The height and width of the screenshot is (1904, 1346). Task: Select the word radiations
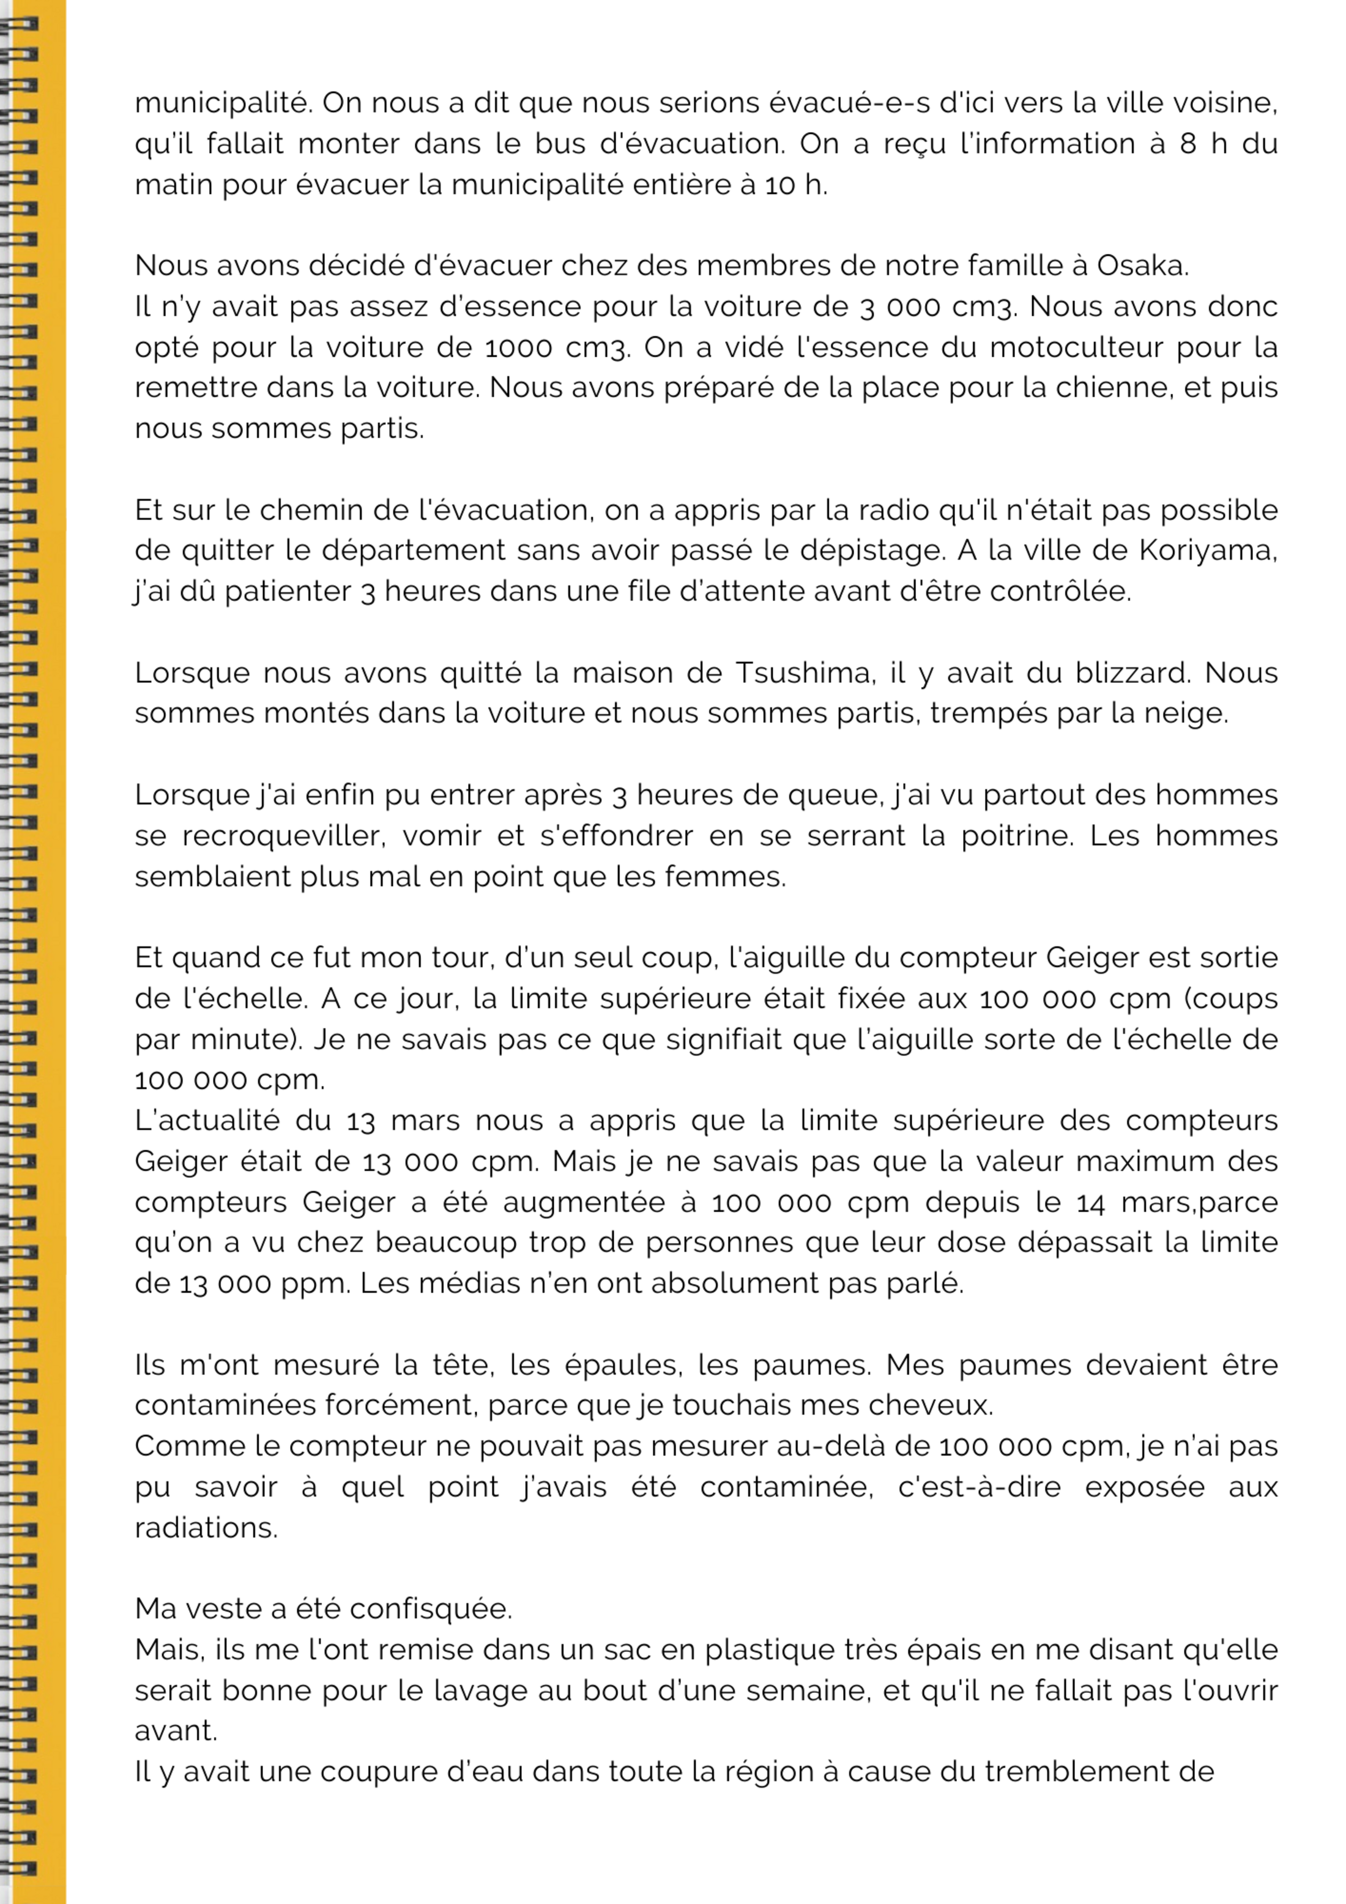point(206,1528)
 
